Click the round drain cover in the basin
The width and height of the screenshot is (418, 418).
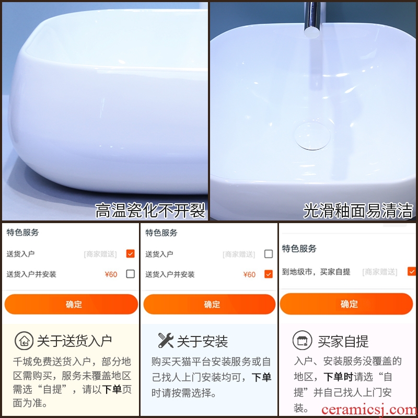pos(312,136)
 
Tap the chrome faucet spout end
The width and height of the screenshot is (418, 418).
pos(311,32)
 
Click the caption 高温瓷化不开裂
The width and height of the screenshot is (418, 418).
pos(150,211)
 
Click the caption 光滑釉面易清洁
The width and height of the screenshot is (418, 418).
pos(358,211)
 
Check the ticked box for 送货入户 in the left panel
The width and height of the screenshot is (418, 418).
pos(130,253)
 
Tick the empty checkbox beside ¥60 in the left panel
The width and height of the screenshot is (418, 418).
pos(130,274)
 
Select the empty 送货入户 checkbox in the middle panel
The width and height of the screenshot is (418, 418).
pos(269,254)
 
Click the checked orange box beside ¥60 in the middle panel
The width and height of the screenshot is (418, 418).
pos(269,274)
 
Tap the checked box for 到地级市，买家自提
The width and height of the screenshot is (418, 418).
pos(412,271)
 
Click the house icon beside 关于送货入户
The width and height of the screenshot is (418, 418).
pos(24,341)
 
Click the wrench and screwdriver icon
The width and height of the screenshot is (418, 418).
pos(166,341)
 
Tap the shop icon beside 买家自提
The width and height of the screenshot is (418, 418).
pos(303,340)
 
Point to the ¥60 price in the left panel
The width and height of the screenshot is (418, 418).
pos(111,274)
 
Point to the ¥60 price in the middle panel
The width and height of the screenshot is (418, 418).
pos(249,274)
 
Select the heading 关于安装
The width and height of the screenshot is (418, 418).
pos(202,341)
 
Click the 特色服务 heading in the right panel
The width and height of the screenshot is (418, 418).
pos(299,249)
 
